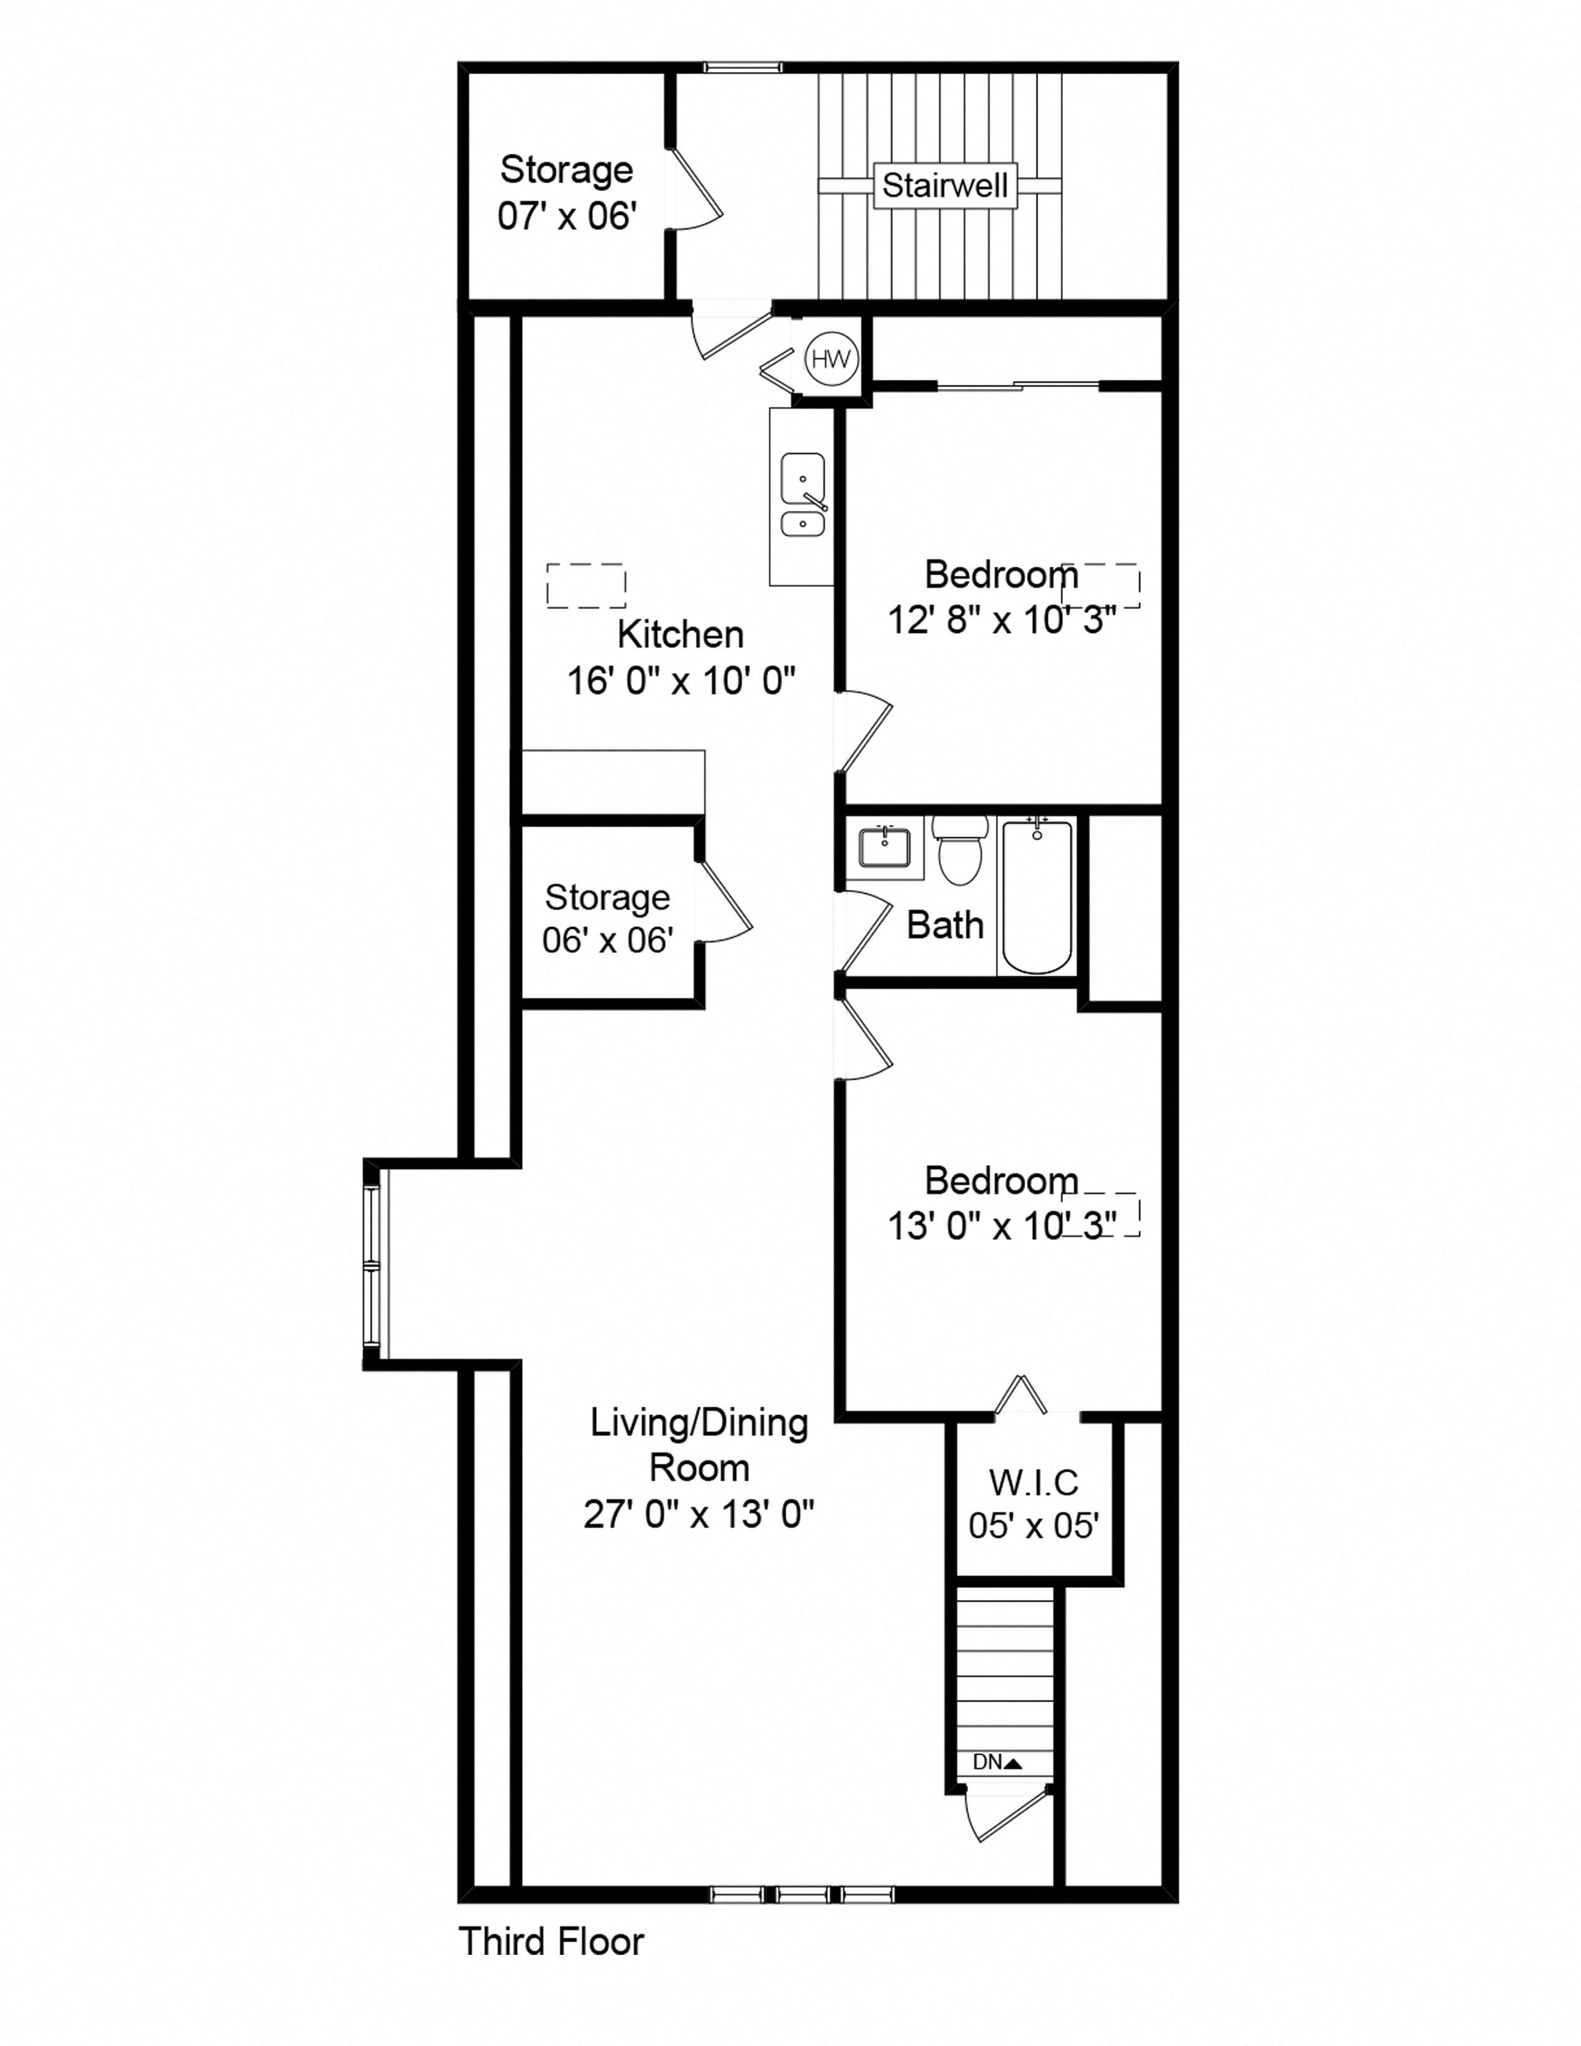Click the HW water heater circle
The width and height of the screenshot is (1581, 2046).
831,359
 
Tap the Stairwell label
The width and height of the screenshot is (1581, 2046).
945,185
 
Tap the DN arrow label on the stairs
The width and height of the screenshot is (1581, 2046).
996,1762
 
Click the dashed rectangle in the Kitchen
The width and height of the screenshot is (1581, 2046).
587,585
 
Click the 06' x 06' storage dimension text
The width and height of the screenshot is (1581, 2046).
607,940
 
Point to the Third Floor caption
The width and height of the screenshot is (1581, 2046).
551,1942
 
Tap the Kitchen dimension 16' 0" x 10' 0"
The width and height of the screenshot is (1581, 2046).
681,680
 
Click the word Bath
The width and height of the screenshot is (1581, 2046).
945,926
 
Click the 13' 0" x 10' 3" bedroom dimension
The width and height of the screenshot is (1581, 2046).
1002,1226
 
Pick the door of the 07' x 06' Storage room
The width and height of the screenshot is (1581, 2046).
695,187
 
